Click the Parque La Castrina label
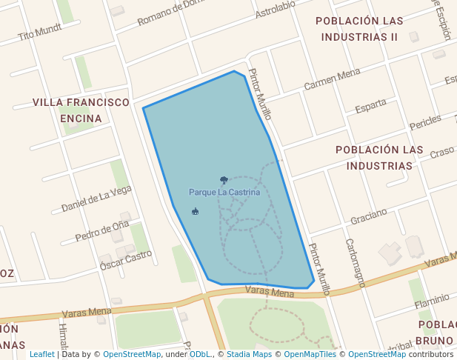(224, 193)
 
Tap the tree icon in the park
(224, 180)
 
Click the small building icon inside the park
(195, 211)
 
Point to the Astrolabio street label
(275, 9)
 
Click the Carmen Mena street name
(332, 80)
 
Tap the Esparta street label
(370, 108)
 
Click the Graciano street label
(369, 217)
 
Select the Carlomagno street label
(356, 262)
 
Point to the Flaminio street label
(432, 301)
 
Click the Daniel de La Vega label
(96, 198)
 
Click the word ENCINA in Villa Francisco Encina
(81, 118)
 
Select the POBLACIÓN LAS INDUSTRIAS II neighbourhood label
(359, 28)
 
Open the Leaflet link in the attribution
(41, 354)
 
